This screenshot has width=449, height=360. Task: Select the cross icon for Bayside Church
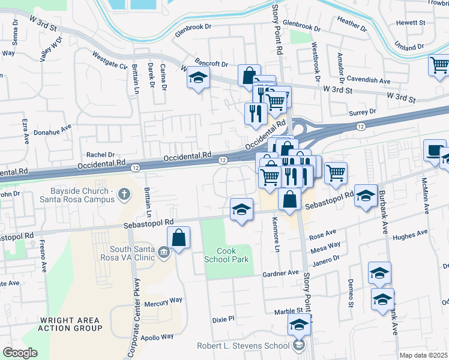(124, 194)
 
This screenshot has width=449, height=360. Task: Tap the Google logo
(20, 353)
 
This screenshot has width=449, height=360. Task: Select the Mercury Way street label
(163, 300)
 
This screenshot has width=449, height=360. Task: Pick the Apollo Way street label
(158, 337)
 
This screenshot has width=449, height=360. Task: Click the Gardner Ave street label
(280, 273)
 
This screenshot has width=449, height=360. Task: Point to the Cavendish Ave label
(372, 80)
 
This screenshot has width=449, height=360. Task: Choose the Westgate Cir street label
(110, 60)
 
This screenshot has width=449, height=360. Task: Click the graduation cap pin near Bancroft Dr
(197, 77)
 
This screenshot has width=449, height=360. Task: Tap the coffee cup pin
(434, 150)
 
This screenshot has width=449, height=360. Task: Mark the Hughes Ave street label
(410, 235)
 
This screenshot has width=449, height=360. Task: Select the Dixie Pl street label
(223, 319)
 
